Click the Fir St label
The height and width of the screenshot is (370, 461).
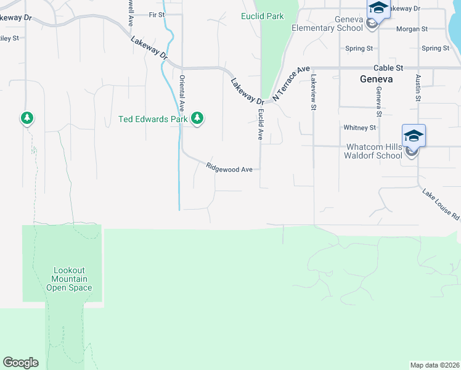pyautogui.click(x=157, y=14)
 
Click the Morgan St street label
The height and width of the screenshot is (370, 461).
pyautogui.click(x=413, y=29)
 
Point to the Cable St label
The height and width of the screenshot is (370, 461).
pyautogui.click(x=388, y=68)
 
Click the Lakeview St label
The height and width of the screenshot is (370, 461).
pyautogui.click(x=313, y=92)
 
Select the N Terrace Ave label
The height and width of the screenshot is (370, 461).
pyautogui.click(x=290, y=83)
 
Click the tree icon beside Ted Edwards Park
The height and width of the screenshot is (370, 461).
pyautogui.click(x=197, y=117)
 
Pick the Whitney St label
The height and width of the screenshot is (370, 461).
pyautogui.click(x=359, y=128)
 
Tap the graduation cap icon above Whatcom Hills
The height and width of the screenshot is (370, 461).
pyautogui.click(x=413, y=136)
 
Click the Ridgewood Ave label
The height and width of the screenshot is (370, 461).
pyautogui.click(x=229, y=168)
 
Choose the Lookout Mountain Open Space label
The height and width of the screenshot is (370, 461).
pyautogui.click(x=69, y=279)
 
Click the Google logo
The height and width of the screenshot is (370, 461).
pyautogui.click(x=20, y=363)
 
